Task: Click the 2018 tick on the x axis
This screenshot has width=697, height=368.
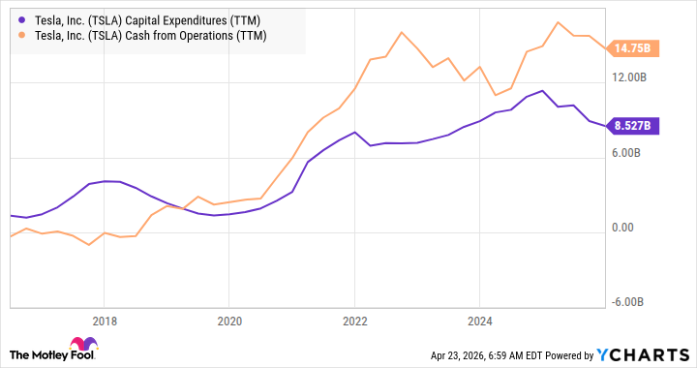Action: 105,322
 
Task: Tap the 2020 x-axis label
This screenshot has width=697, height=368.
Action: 229,322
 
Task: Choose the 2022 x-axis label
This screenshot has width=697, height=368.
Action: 355,322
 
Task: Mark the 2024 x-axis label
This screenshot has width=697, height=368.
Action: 480,322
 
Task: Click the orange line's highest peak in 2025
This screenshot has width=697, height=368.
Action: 560,22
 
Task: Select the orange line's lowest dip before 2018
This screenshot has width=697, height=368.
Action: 89,244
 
